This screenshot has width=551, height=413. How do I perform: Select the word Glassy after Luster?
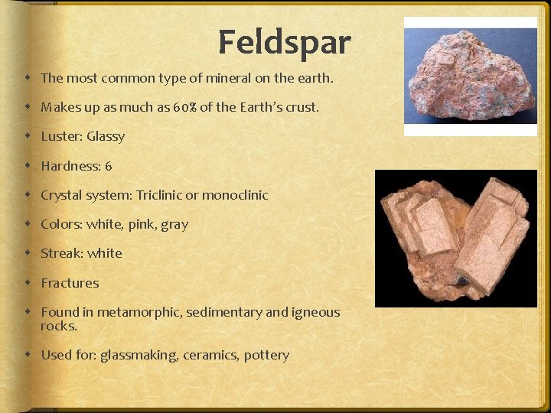[106, 137]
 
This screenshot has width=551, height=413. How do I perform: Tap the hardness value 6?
[109, 166]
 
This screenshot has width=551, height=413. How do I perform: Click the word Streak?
[61, 253]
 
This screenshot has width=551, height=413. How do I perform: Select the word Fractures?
[70, 283]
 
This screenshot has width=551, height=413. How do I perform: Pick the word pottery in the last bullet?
[266, 356]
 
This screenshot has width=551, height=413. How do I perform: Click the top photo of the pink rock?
[471, 76]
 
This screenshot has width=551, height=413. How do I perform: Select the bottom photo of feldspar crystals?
[456, 238]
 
